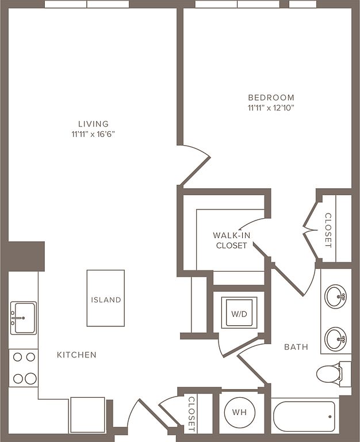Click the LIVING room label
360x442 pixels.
[x=93, y=124]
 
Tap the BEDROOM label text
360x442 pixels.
[x=271, y=97]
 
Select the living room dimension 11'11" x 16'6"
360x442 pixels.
[x=93, y=134]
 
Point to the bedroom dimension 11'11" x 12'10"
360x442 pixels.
[x=271, y=108]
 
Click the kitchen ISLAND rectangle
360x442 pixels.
[x=106, y=298]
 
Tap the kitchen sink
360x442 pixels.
[x=24, y=318]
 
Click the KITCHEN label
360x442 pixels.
[x=76, y=355]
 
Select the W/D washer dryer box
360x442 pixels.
[x=239, y=313]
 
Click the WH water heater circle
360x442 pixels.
[x=239, y=413]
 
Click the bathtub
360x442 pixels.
[x=305, y=416]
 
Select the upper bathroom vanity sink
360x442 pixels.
[x=335, y=296]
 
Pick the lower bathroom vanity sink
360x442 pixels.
[x=335, y=339]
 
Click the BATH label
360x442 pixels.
[x=296, y=346]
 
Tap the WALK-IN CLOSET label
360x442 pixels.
[x=232, y=240]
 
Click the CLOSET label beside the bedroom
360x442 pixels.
[x=328, y=230]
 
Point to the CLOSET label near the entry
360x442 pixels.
[x=192, y=414]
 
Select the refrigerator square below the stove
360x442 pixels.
[x=87, y=414]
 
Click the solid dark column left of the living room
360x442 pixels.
[x=26, y=256]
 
